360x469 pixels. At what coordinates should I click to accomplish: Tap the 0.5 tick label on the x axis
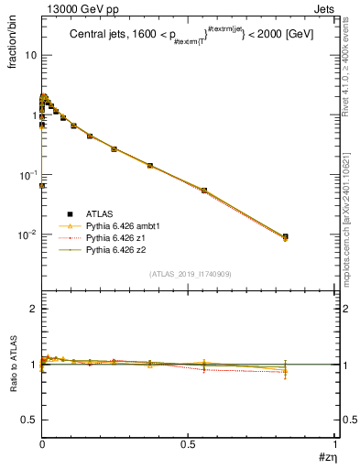pyautogui.click(x=189, y=444)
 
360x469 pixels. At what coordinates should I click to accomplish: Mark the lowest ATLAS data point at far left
pyautogui.click(x=43, y=185)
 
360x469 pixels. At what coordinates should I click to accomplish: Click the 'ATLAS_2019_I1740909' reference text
pyautogui.click(x=188, y=274)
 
